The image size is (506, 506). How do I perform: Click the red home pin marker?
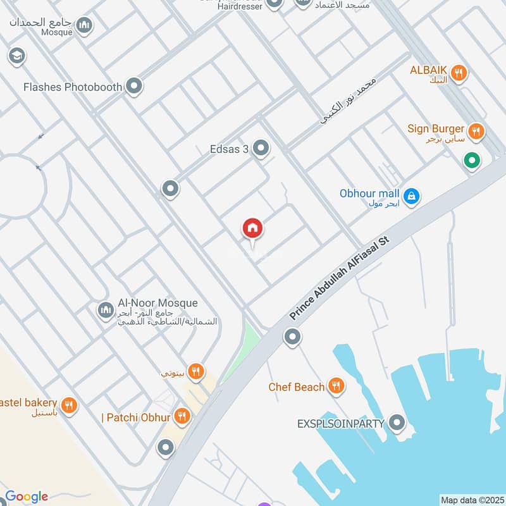click(x=252, y=228)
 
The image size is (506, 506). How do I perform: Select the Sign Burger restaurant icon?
click(x=478, y=132)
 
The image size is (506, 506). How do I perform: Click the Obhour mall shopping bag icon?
click(x=412, y=197)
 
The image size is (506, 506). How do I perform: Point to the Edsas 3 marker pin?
click(x=261, y=149)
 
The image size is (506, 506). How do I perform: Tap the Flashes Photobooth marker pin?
click(x=133, y=87)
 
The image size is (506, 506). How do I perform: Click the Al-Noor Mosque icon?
click(x=105, y=310)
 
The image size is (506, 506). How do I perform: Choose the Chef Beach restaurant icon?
click(x=336, y=386)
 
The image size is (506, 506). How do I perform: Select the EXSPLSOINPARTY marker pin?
click(x=397, y=423)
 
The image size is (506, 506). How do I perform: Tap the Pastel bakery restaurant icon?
click(x=70, y=405)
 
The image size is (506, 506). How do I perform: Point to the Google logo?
click(x=27, y=497)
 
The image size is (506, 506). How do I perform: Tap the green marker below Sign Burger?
click(x=471, y=161)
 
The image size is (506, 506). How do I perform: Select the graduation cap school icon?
click(x=16, y=57)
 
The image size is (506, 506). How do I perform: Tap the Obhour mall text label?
click(x=369, y=194)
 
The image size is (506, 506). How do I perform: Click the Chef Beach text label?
click(x=297, y=387)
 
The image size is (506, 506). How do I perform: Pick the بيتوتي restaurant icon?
click(x=197, y=372)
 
